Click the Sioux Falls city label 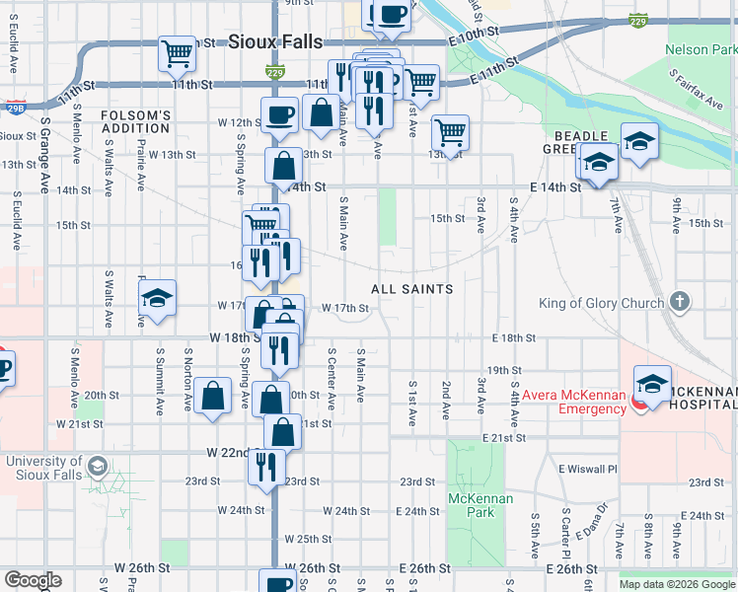[268, 40]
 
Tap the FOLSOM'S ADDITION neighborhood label [135, 121]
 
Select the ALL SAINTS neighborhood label [412, 289]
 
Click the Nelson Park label [701, 48]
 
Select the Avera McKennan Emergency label [577, 403]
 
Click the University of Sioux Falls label [44, 468]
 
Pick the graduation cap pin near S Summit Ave [156, 300]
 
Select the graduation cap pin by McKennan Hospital [652, 383]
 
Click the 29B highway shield [14, 104]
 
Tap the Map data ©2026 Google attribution [677, 584]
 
